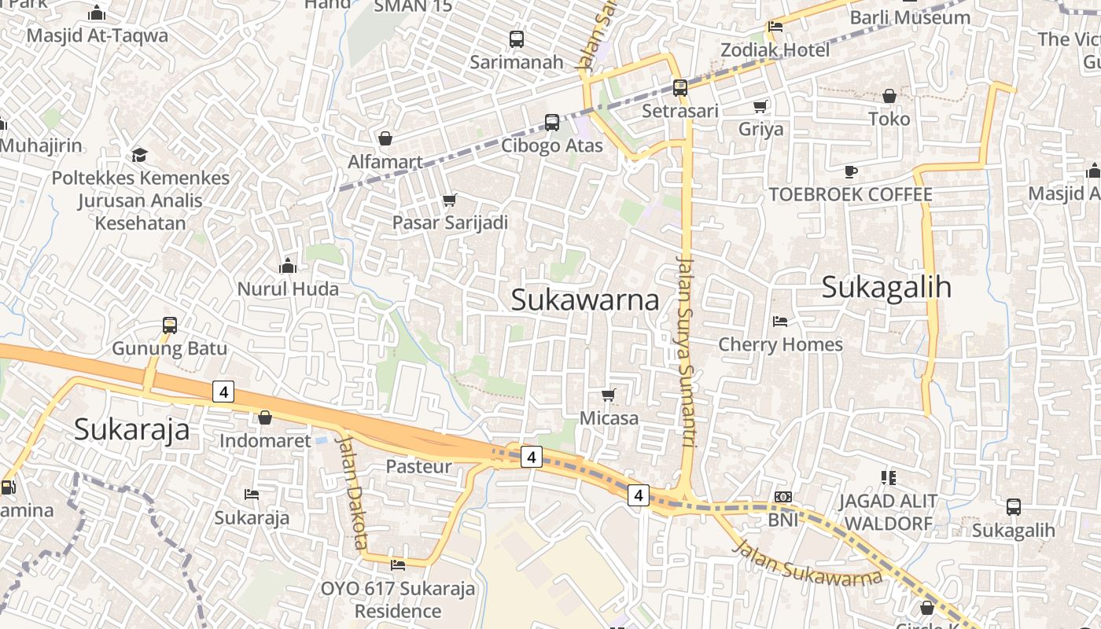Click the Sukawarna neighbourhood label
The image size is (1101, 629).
click(585, 300)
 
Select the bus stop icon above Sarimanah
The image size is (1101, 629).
click(517, 39)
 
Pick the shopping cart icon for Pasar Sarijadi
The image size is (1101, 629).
click(450, 200)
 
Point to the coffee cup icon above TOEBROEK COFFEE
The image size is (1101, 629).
click(850, 171)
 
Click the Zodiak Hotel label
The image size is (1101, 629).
click(775, 50)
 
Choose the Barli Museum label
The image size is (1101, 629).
click(910, 17)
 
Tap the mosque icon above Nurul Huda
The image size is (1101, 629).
click(288, 266)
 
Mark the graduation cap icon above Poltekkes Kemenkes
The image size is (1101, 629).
click(140, 154)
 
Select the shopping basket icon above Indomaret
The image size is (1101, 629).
click(265, 417)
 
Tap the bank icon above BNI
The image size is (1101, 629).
click(782, 497)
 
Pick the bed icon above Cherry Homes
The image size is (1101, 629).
click(780, 321)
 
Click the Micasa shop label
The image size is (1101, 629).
click(609, 418)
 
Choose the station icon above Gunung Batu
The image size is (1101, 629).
click(169, 325)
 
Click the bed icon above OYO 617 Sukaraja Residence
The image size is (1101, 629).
click(398, 565)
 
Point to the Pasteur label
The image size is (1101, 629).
click(418, 466)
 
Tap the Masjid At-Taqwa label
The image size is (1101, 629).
click(98, 35)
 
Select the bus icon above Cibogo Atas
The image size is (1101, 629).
click(552, 122)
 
